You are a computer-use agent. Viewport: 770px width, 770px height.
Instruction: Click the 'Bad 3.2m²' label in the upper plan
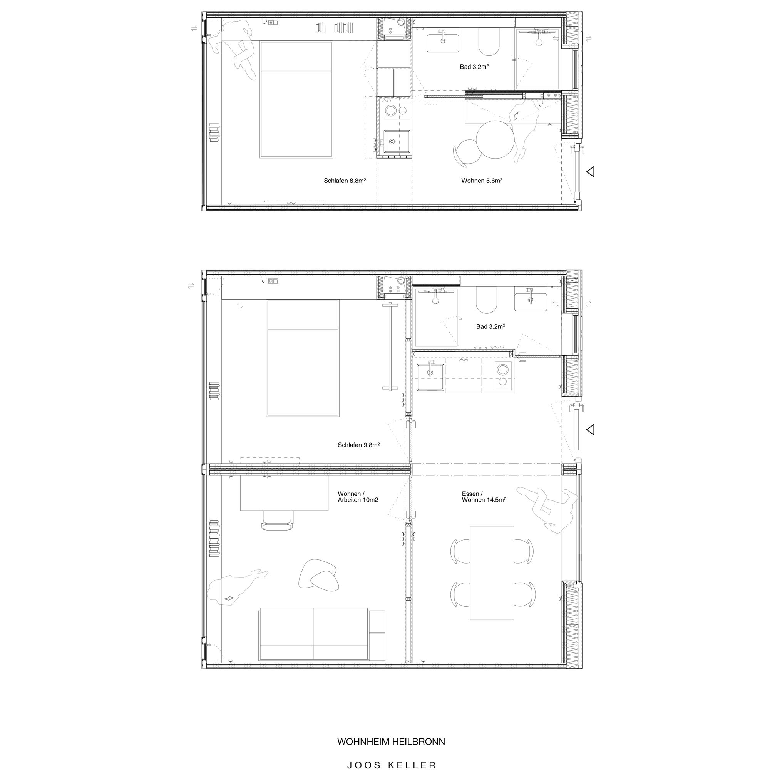(474, 67)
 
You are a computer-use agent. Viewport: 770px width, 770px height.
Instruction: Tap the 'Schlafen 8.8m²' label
(345, 181)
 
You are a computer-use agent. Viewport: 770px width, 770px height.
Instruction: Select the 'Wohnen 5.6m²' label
(482, 181)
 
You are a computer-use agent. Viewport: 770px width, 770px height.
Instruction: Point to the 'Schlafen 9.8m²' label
(359, 445)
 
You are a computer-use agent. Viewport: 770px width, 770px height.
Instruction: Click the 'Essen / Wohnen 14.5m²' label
(484, 497)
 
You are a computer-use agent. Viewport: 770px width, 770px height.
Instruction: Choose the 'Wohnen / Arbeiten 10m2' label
(358, 497)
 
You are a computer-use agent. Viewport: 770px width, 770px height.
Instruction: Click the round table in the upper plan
(495, 140)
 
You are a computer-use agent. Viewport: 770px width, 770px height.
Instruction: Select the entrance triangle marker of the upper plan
(591, 172)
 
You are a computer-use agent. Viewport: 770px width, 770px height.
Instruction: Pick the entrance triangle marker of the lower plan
(591, 429)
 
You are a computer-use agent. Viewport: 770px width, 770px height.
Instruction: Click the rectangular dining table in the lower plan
(492, 573)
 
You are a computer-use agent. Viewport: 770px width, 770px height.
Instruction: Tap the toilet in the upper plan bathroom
(489, 43)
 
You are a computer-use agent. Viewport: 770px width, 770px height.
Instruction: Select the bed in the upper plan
(296, 100)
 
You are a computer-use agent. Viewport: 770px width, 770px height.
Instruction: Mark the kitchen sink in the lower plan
(430, 375)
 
